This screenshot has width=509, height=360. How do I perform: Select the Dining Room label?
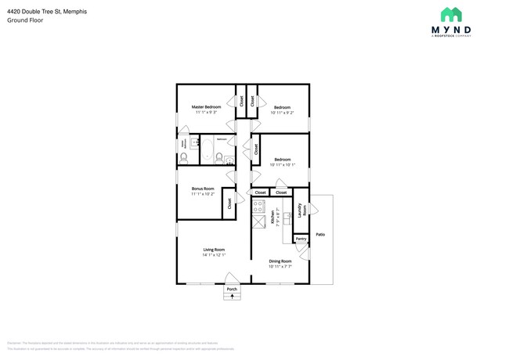click(x=280, y=261)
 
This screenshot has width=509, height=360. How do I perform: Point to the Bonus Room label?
click(x=203, y=188)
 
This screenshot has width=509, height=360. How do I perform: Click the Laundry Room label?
click(x=300, y=211)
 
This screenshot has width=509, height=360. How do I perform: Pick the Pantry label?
click(x=301, y=239)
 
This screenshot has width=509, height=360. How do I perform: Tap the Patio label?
click(x=320, y=234)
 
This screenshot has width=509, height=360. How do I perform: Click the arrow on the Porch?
click(x=231, y=297)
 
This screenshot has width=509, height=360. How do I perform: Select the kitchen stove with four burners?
click(x=258, y=207)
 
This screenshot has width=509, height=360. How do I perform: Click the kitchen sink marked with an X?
click(x=258, y=222)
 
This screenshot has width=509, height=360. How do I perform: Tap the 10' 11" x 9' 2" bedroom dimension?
click(x=282, y=113)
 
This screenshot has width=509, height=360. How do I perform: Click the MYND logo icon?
click(x=451, y=14)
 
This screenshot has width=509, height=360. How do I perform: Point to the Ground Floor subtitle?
click(x=25, y=20)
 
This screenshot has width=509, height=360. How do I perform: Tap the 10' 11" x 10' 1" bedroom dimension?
click(x=282, y=165)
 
